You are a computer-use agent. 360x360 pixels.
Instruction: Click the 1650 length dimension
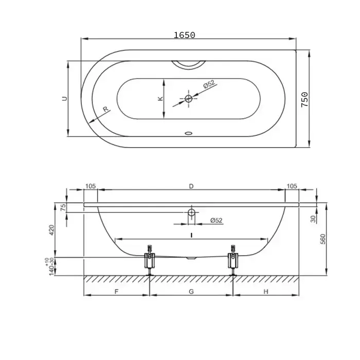click(x=184, y=35)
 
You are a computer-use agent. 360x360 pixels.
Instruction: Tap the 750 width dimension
click(x=304, y=99)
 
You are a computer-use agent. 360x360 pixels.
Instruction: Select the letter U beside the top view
click(x=65, y=99)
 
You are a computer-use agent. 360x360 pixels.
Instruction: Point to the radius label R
click(x=105, y=109)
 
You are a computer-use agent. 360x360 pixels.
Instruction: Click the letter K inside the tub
click(x=160, y=99)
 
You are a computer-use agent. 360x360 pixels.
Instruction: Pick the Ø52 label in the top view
click(x=209, y=84)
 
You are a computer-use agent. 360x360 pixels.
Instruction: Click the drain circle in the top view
click(x=189, y=99)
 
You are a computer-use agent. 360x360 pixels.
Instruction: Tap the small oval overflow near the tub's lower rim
click(x=189, y=133)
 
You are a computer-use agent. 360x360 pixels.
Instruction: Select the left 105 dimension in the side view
click(x=91, y=186)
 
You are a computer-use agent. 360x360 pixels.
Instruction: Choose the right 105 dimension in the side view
click(x=292, y=186)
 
